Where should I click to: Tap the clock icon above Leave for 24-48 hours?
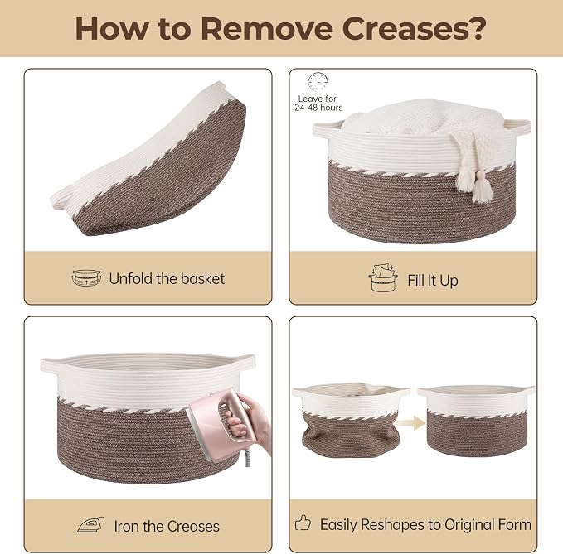pos(318,82)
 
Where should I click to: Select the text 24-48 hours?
pos(318,108)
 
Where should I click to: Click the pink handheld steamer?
pos(222,422)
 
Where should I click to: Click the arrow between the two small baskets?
pos(412,422)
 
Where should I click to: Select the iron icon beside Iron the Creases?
pos(90,525)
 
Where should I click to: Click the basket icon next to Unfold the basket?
pos(86,278)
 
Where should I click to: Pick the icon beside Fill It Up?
pos(383,278)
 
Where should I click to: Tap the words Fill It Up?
pos(433,281)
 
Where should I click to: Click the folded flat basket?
pos(148,160)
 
